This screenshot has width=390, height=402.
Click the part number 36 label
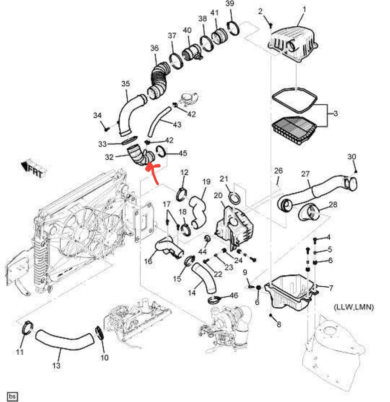pos(154,48)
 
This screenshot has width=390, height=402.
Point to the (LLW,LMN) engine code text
pos(354,307)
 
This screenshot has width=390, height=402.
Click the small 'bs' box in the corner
pos(12,396)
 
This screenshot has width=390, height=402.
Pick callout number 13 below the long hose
pos(56,365)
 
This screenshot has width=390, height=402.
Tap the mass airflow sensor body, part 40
pos(190,52)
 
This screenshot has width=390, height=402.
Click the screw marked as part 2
pos(271,25)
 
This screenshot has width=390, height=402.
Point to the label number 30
pos(352,157)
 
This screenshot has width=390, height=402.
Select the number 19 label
pos(206,182)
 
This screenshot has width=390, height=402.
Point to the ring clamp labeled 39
pos(233,28)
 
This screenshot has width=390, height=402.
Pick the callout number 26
pos(278,171)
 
